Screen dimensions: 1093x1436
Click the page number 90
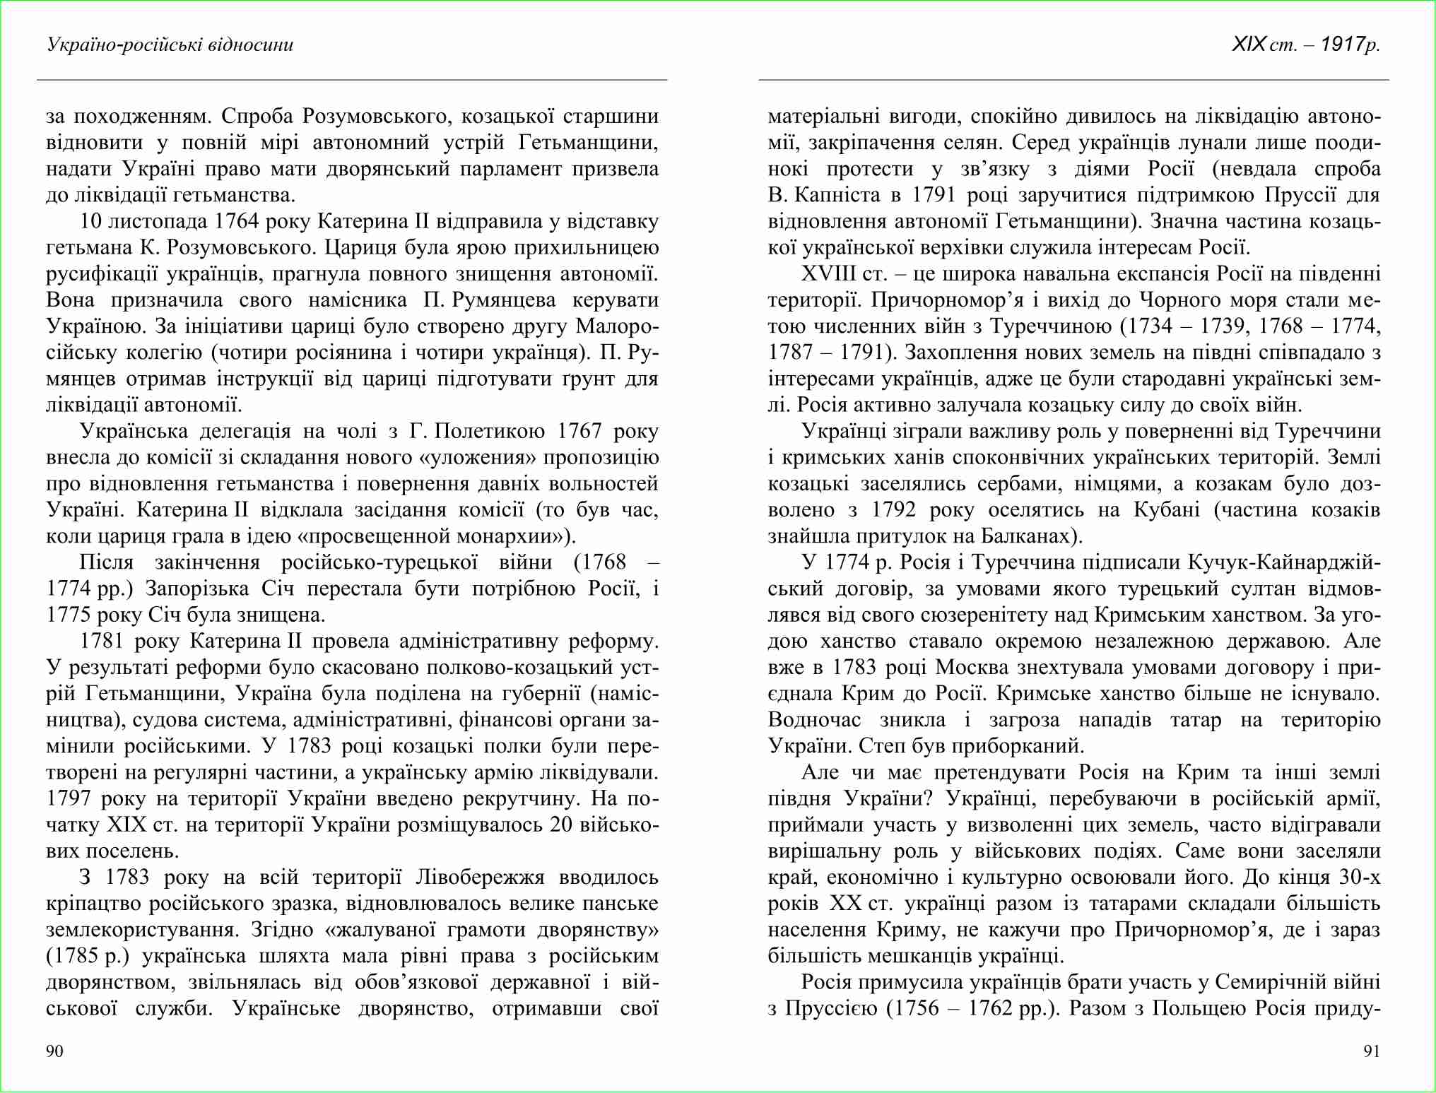coord(54,1051)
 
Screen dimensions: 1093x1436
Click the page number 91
coord(1371,1051)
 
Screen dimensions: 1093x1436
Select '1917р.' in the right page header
coord(1350,45)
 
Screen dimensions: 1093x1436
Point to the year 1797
coord(69,798)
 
